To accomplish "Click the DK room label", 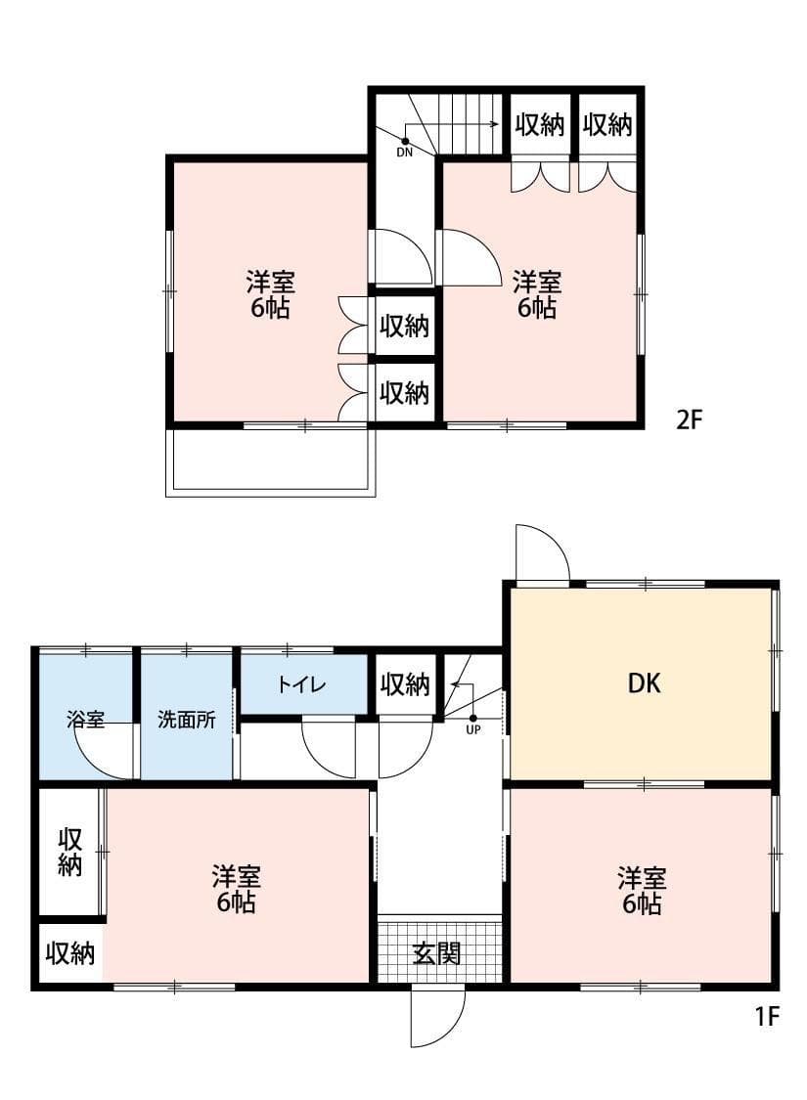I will pyautogui.click(x=644, y=683).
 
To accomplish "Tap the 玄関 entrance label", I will pyautogui.click(x=436, y=952).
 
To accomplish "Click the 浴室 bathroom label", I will pyautogui.click(x=85, y=720).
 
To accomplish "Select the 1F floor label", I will pyautogui.click(x=766, y=1017).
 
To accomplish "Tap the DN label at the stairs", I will pyautogui.click(x=405, y=152).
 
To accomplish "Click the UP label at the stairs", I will pyautogui.click(x=473, y=729).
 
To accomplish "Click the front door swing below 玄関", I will pyautogui.click(x=435, y=1017).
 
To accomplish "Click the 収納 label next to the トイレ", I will pyautogui.click(x=405, y=684).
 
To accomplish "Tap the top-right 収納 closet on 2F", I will pyautogui.click(x=607, y=124).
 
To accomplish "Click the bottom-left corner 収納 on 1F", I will pyautogui.click(x=70, y=953).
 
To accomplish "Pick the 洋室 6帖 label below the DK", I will pyautogui.click(x=641, y=890).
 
